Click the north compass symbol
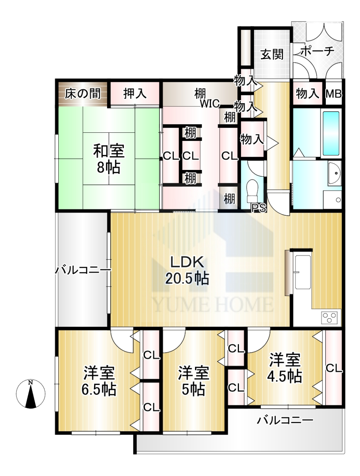tap(31, 394)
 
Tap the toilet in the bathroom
tap(253, 190)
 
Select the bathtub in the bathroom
tap(331, 134)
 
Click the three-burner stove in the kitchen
tap(330, 317)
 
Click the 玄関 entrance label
tap(272, 55)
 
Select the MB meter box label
tap(334, 94)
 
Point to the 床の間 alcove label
tap(83, 94)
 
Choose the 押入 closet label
tap(135, 94)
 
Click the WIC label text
tap(210, 103)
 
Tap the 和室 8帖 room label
tap(108, 159)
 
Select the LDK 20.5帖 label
tap(187, 270)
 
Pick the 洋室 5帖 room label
tap(194, 380)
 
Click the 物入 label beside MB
tap(308, 94)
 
